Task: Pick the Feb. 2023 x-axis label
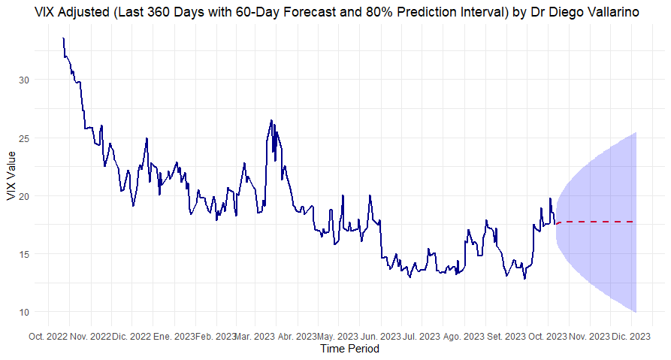pyautogui.click(x=216, y=336)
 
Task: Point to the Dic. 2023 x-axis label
pyautogui.click(x=632, y=336)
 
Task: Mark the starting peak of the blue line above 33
pyautogui.click(x=64, y=38)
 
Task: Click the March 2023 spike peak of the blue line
pyautogui.click(x=271, y=120)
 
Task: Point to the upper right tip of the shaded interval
pyautogui.click(x=636, y=133)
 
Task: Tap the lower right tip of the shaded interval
pyautogui.click(x=636, y=311)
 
